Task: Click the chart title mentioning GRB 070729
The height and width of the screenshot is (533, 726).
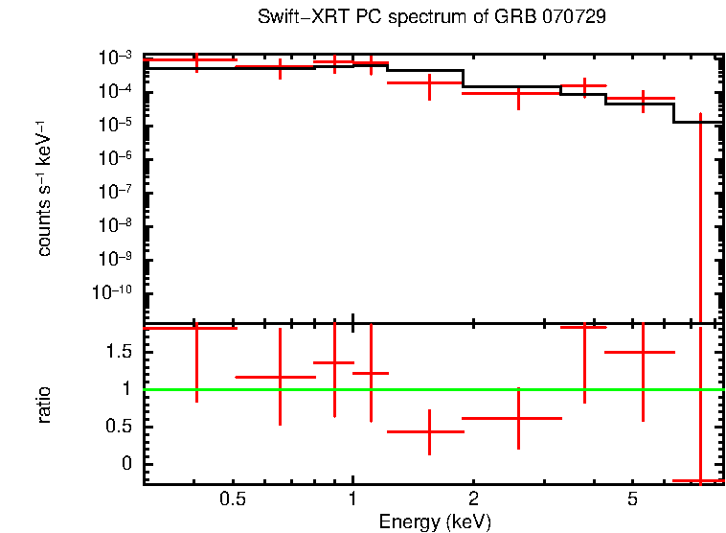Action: [x=431, y=17]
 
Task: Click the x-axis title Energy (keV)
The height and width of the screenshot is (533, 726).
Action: [x=435, y=521]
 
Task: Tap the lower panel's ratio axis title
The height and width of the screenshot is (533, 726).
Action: [x=44, y=405]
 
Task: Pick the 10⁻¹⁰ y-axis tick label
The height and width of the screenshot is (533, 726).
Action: [x=116, y=292]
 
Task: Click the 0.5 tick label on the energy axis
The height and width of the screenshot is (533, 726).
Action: [x=232, y=500]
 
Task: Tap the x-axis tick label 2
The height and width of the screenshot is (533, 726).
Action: [x=473, y=500]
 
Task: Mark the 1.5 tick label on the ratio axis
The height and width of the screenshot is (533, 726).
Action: [x=123, y=352]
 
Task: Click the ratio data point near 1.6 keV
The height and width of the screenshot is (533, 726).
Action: [x=429, y=431]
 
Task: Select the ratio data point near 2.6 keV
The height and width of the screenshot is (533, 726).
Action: [x=518, y=418]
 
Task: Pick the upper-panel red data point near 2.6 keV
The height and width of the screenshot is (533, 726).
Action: [x=518, y=93]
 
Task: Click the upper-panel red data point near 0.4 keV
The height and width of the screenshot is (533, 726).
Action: [x=196, y=60]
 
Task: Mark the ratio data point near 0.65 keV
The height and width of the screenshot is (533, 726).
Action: [x=280, y=377]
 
